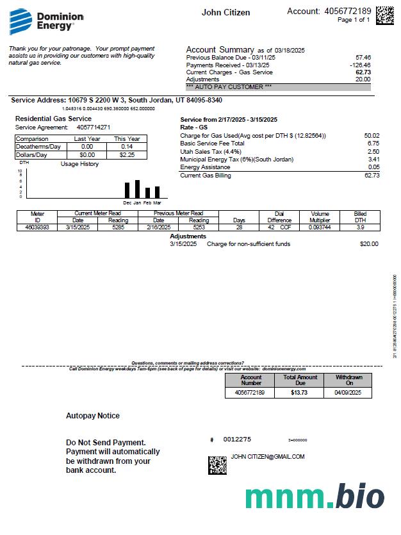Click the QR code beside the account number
click(x=384, y=15)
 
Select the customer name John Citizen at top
click(x=225, y=13)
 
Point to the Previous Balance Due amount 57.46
click(x=363, y=58)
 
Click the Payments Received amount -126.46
click(x=360, y=65)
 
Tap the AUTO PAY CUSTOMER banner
click(x=277, y=86)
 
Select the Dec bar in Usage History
click(x=127, y=190)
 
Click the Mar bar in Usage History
click(x=157, y=192)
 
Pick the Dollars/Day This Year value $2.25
click(x=127, y=154)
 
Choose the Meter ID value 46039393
click(x=37, y=227)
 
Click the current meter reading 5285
click(x=118, y=227)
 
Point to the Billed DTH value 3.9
click(x=361, y=227)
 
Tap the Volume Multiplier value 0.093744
click(x=320, y=227)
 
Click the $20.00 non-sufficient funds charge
click(x=369, y=244)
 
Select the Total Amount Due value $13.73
click(x=300, y=392)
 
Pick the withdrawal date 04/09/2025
click(x=348, y=392)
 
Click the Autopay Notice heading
click(x=93, y=416)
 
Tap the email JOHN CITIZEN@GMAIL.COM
click(x=268, y=457)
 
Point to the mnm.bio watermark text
click(x=314, y=497)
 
